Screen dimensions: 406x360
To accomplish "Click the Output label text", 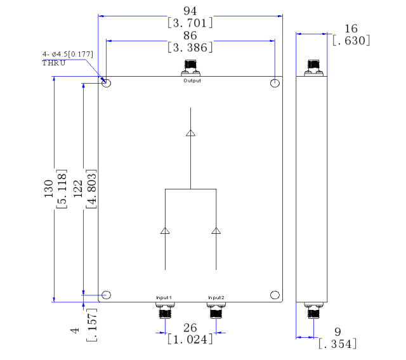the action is [x=192, y=80].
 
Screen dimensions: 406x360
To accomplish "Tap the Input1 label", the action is [x=164, y=298].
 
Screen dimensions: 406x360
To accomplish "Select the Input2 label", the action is [x=216, y=298].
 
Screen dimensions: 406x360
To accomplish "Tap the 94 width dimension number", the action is [x=190, y=11].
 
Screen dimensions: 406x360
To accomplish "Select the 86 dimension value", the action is [x=190, y=35].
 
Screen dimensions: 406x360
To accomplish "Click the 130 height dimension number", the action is [x=49, y=189].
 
